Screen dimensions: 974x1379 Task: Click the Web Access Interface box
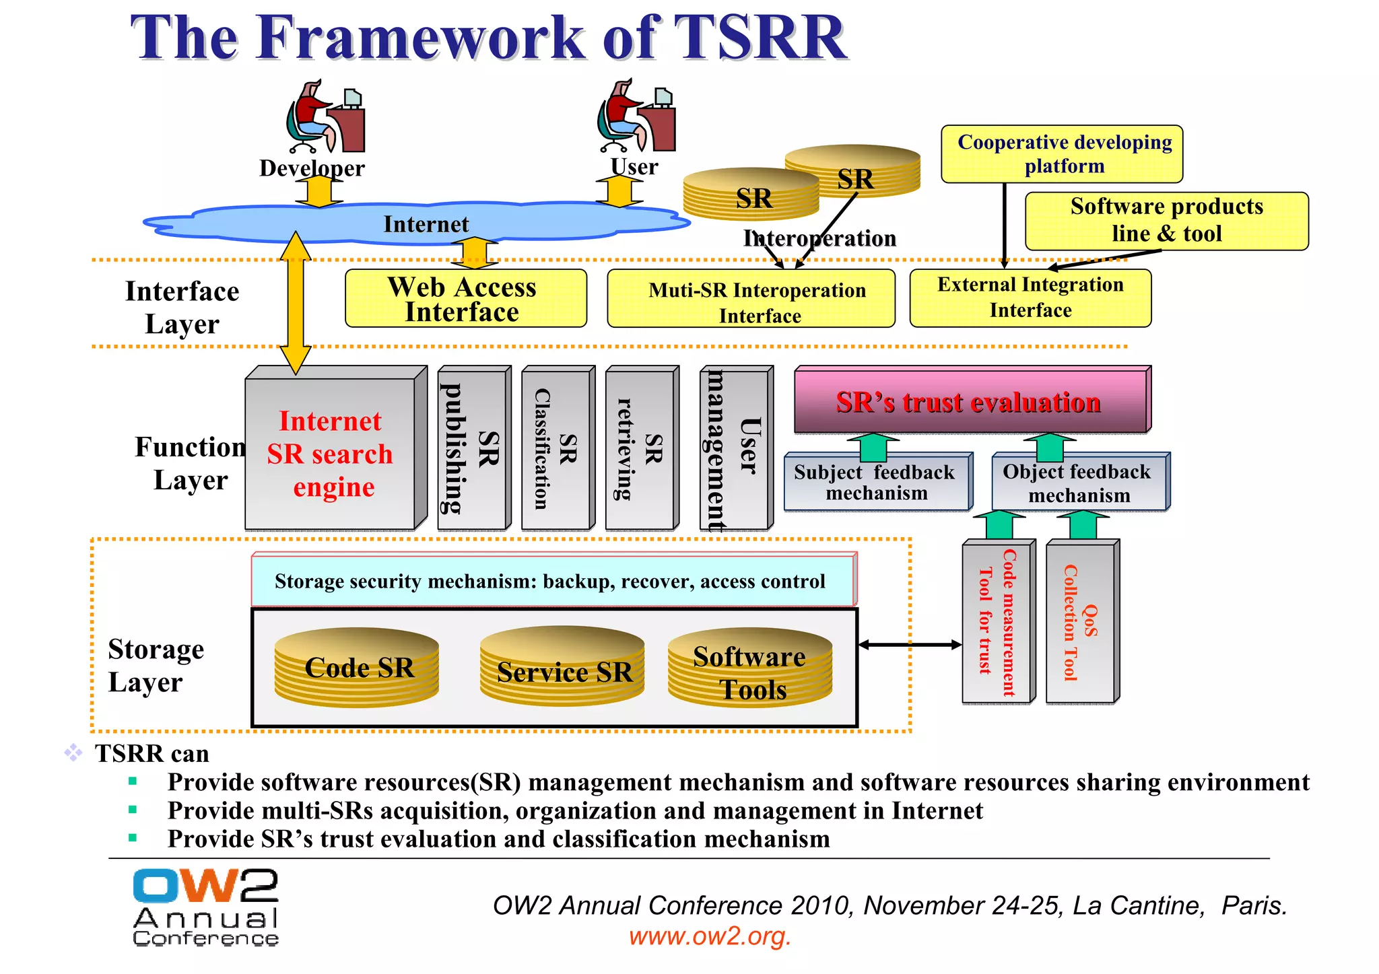click(465, 299)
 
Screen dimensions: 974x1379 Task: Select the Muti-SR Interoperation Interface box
click(751, 299)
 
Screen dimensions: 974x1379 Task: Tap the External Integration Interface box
click(1030, 298)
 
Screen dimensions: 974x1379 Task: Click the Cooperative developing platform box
click(1061, 154)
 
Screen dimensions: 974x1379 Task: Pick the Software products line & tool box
click(1166, 221)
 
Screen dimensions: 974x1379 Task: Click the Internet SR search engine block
click(330, 454)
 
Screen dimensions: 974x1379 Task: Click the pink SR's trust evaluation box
click(970, 402)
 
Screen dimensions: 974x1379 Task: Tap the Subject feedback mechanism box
click(876, 482)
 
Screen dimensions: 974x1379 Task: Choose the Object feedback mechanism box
click(1079, 483)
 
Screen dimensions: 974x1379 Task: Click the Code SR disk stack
click(357, 667)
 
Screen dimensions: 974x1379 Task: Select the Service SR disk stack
click(563, 667)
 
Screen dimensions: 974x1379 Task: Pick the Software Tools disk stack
click(749, 668)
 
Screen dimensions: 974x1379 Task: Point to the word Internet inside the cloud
click(426, 224)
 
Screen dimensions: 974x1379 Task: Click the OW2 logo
click(205, 907)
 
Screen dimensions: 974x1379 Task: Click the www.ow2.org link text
click(710, 936)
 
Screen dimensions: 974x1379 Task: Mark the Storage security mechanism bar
click(551, 581)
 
